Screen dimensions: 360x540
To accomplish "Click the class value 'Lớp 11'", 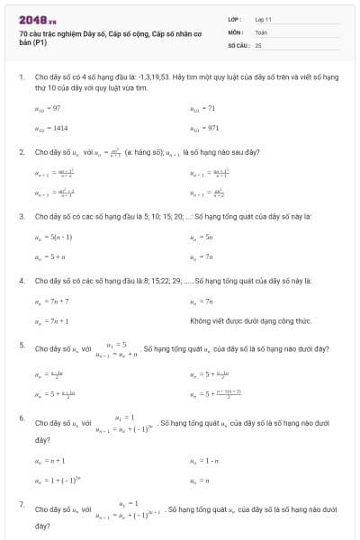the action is (x=264, y=19).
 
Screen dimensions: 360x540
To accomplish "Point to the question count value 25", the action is (x=258, y=44).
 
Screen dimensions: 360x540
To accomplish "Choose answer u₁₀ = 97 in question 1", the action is (x=47, y=108).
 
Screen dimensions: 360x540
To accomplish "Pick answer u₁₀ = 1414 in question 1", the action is (x=50, y=128).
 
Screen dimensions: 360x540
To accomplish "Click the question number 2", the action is (x=22, y=152).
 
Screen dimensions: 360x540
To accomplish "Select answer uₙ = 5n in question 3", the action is (x=201, y=237).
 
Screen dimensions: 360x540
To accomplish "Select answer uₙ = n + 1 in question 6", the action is (x=48, y=461).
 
